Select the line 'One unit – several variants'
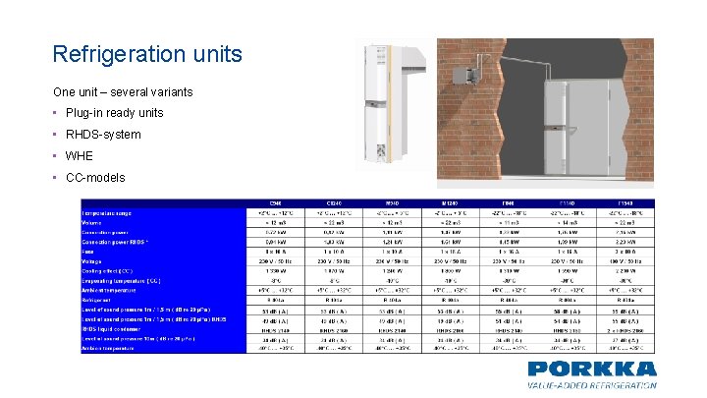click(x=123, y=91)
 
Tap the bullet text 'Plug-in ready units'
click(x=115, y=113)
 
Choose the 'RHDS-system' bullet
click(x=103, y=135)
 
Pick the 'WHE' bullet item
click(x=81, y=156)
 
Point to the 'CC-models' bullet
click(x=95, y=178)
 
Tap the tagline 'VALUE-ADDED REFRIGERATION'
click(x=591, y=386)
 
